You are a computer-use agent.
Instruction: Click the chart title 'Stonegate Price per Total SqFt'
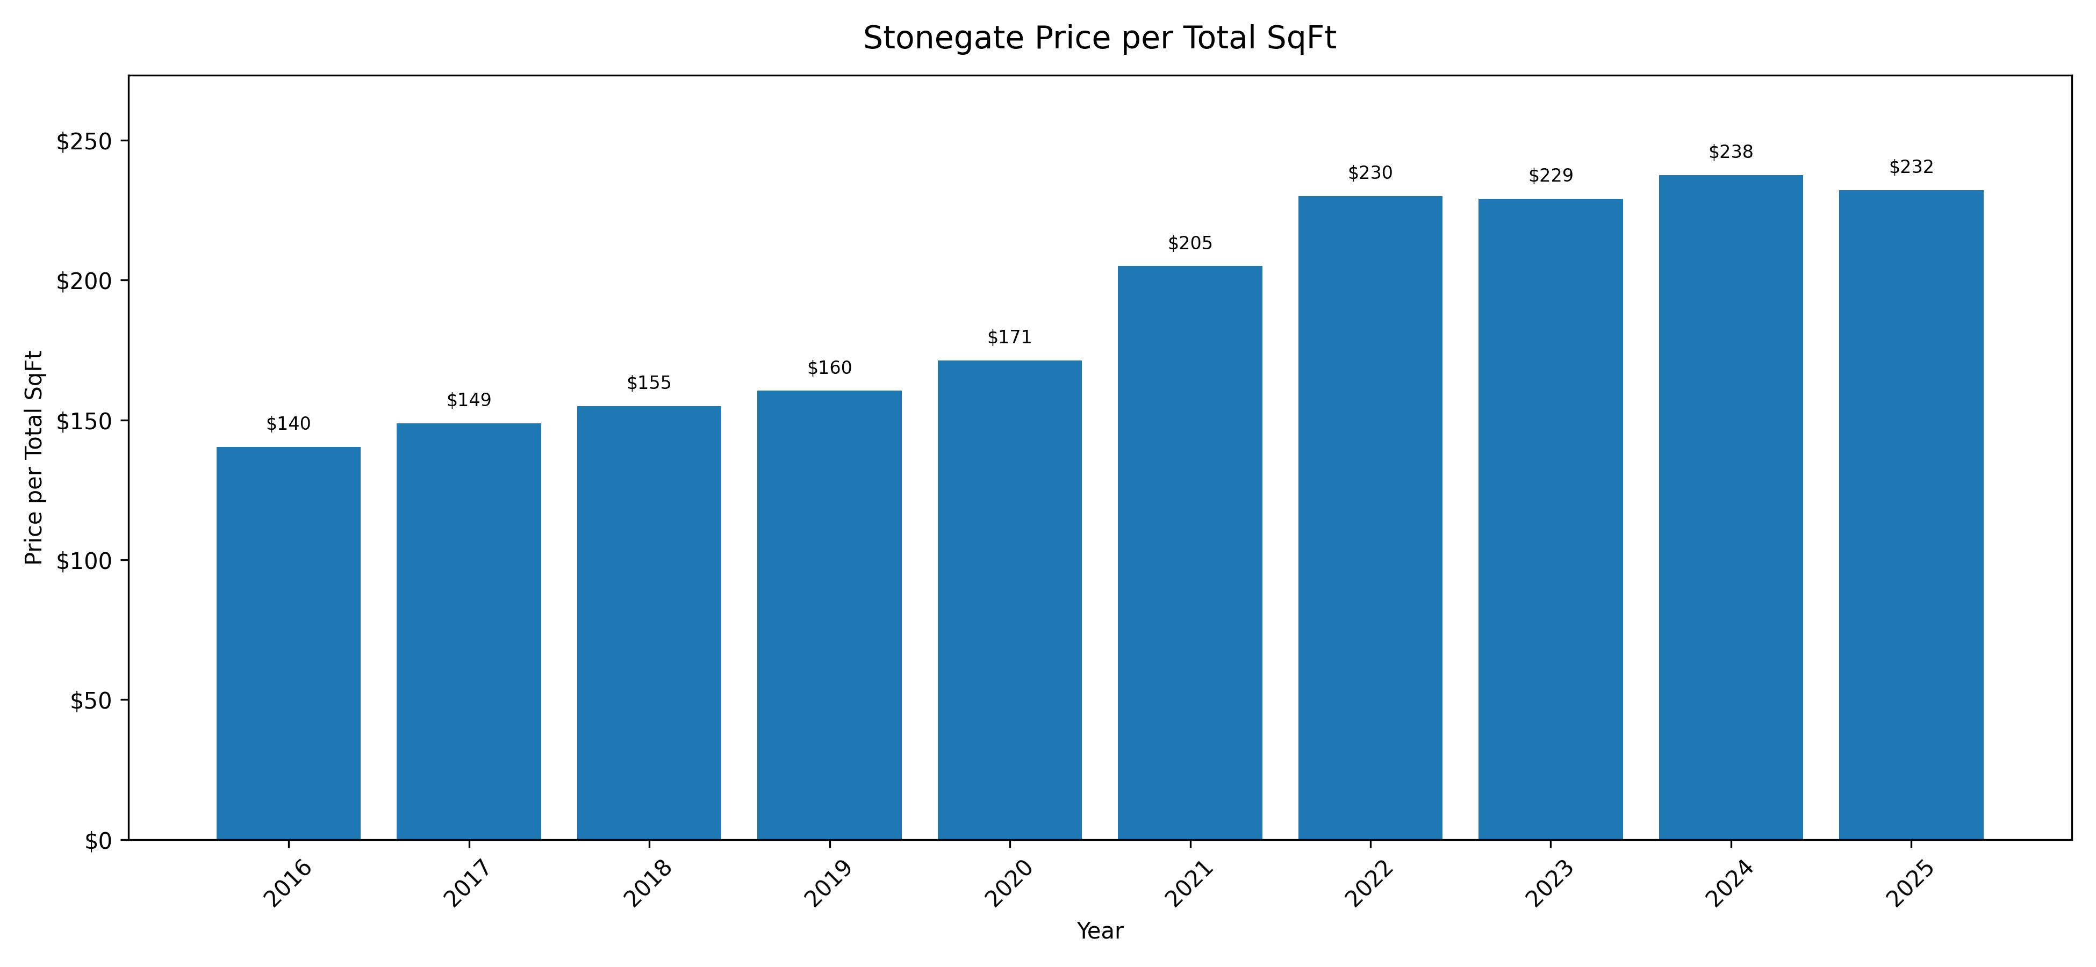(x=1099, y=38)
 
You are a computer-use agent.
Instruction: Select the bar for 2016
(x=288, y=643)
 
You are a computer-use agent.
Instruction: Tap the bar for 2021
(x=1189, y=553)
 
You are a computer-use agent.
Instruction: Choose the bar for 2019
(x=829, y=615)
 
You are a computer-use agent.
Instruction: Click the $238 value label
(x=1731, y=152)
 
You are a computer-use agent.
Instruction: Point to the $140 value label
(x=288, y=424)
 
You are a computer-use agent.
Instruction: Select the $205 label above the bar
(x=1189, y=243)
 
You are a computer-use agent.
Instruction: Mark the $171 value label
(x=1009, y=337)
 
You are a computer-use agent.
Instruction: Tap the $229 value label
(x=1550, y=176)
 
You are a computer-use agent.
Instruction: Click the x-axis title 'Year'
(x=1099, y=931)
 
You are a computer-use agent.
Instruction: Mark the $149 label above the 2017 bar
(x=469, y=400)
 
